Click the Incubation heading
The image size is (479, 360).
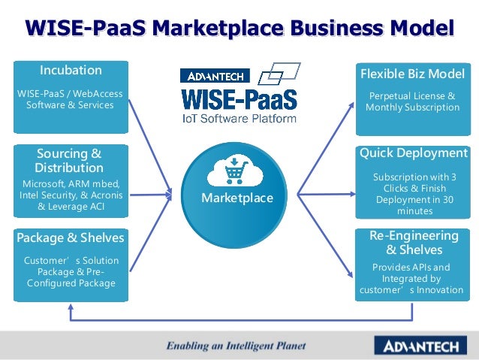[x=71, y=71]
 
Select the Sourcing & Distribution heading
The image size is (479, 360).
[x=69, y=160]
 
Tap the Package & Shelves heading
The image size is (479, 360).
[x=71, y=238]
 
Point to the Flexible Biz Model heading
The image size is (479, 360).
[x=412, y=74]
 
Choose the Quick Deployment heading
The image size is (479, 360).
[x=412, y=153]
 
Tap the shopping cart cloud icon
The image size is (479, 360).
[x=237, y=171]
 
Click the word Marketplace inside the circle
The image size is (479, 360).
[x=237, y=198]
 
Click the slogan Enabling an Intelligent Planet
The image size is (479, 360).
[x=236, y=346]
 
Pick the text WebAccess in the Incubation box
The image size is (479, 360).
[x=98, y=94]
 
